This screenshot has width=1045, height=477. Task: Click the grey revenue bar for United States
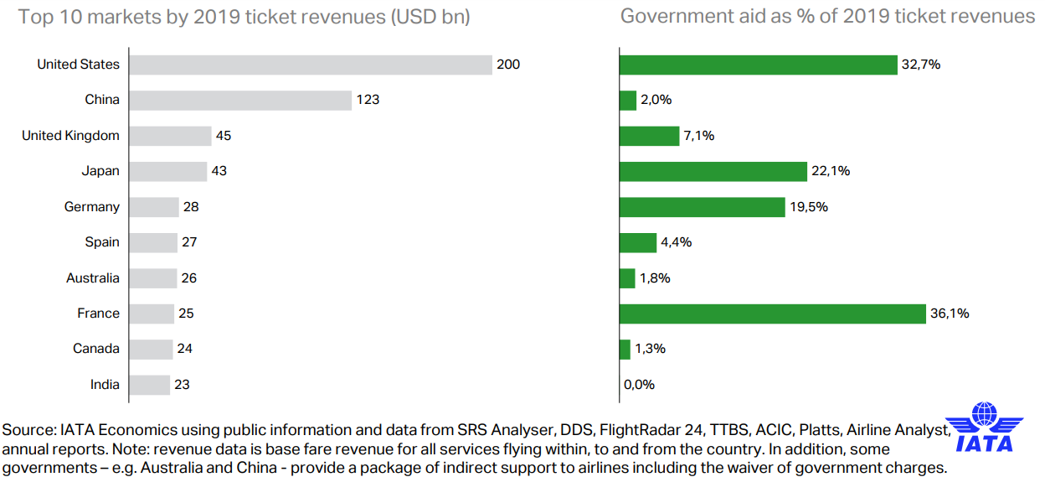pos(310,65)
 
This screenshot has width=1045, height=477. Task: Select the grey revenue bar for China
pos(240,100)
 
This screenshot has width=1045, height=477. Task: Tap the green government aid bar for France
pos(772,314)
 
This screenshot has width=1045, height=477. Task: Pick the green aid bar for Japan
pos(713,171)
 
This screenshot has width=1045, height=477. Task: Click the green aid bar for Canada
pos(625,349)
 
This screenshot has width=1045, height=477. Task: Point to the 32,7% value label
pos(921,65)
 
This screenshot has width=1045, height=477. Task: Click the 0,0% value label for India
pos(639,385)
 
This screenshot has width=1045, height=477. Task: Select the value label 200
pos(508,65)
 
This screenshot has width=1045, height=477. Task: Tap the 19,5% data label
pos(809,207)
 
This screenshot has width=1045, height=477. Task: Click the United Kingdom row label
pos(70,136)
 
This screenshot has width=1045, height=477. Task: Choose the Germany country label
pos(92,207)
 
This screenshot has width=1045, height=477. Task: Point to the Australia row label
pos(93,278)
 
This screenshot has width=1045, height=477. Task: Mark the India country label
pos(105,385)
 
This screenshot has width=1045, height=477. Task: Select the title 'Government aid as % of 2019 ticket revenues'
pos(827,17)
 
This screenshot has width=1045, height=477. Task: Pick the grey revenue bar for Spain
pos(153,242)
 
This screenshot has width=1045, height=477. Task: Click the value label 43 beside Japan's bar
pos(219,171)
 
